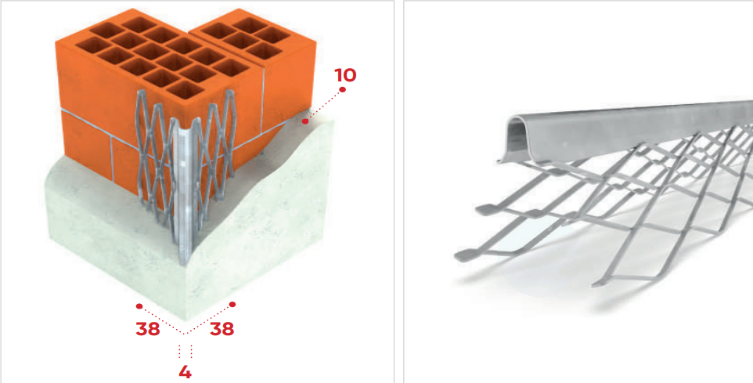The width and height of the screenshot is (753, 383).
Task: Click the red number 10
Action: coord(345,75)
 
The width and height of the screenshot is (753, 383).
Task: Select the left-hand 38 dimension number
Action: coord(147,329)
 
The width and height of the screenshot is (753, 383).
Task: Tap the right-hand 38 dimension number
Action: coord(222,329)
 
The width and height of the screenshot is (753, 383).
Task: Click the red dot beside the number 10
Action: coord(342,90)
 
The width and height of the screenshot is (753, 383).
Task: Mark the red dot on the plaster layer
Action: coord(305,122)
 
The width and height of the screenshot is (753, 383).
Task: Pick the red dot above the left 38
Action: coord(139,306)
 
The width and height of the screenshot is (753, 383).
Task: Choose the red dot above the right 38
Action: coord(233,304)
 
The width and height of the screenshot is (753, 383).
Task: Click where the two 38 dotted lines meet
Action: coord(186,334)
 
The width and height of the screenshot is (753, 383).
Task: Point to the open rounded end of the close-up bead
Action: coord(517,137)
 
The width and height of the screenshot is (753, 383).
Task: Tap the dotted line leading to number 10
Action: coord(324,107)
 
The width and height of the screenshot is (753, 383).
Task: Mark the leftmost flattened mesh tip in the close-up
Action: coord(463,255)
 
